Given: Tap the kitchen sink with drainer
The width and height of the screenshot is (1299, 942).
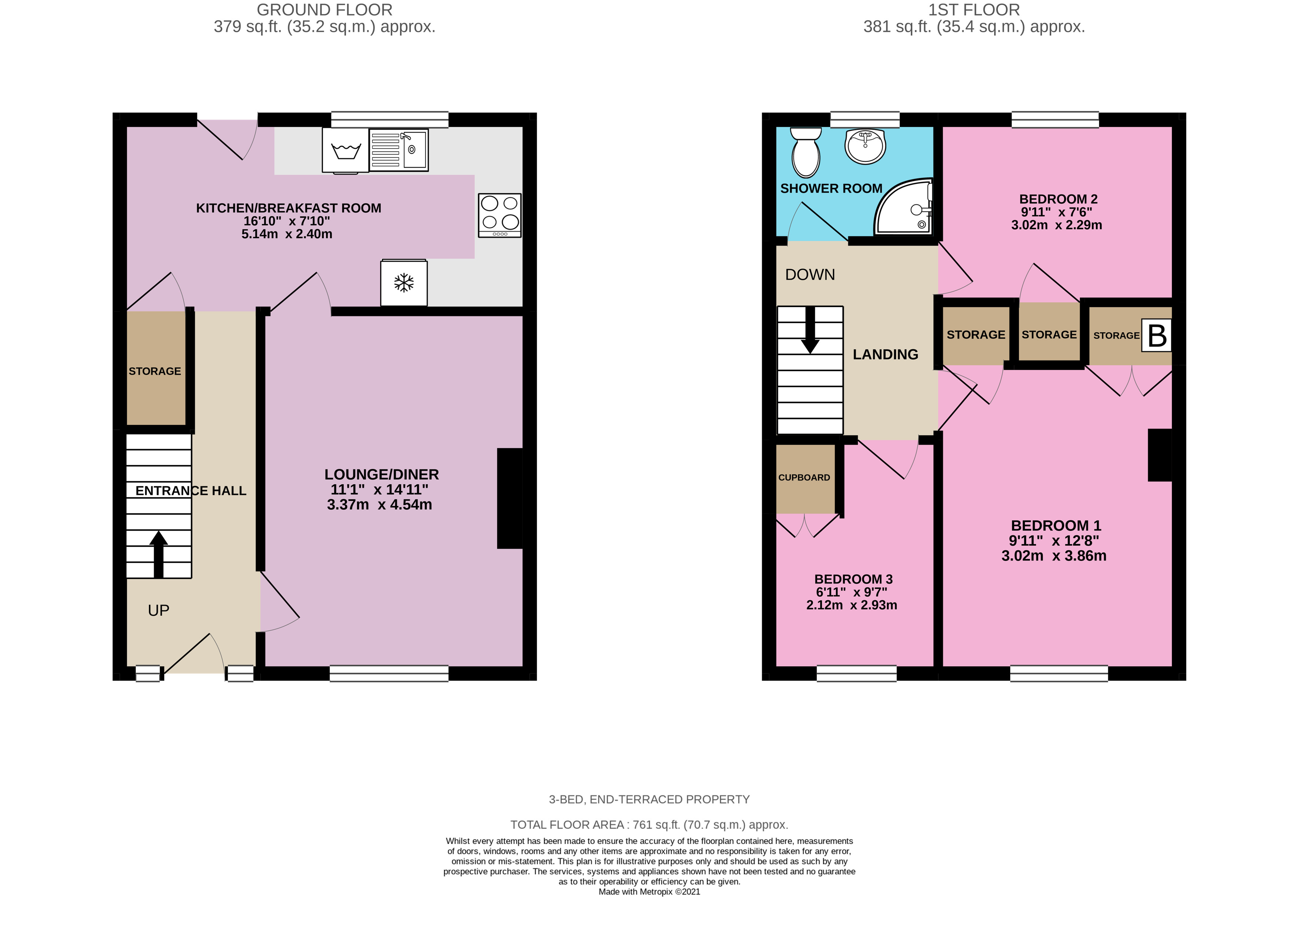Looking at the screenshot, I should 399,150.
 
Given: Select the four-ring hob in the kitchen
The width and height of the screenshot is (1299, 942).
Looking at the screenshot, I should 499,215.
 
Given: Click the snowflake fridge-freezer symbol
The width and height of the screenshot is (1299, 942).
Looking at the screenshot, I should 404,283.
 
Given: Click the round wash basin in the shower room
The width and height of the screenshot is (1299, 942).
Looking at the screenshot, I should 865,146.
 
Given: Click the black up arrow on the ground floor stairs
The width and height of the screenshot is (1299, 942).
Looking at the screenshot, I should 159,554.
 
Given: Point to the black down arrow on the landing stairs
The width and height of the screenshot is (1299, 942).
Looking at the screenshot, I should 810,331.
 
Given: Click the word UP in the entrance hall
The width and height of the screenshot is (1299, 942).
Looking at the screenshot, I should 159,610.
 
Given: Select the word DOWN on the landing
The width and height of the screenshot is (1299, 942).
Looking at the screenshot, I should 810,275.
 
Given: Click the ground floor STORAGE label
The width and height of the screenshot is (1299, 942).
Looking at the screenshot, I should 155,371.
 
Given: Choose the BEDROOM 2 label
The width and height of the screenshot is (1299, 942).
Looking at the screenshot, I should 1058,199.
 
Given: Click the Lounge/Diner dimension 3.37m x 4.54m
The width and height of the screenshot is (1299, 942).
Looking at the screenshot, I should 379,505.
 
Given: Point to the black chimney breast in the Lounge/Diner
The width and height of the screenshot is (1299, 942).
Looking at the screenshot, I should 509,498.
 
